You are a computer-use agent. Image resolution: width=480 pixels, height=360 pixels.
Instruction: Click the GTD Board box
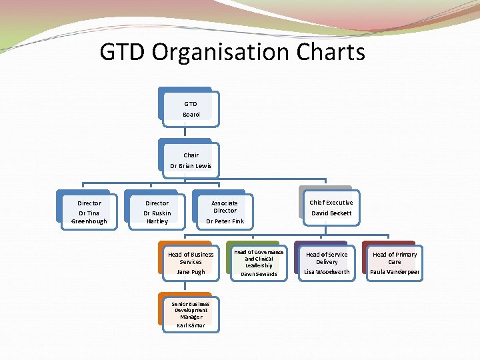[191, 109]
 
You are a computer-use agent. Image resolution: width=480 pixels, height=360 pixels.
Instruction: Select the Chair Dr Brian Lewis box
[191, 160]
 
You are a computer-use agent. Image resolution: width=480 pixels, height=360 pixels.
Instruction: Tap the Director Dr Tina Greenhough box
[89, 211]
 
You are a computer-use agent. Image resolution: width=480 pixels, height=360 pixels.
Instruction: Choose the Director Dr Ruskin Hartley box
[157, 211]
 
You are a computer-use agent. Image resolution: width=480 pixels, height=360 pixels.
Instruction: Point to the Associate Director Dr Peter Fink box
[225, 211]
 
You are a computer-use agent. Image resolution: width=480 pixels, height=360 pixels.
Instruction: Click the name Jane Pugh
[191, 272]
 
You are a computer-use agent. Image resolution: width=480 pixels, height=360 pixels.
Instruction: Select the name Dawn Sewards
[258, 274]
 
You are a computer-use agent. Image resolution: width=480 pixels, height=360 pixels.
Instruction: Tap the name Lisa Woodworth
[327, 272]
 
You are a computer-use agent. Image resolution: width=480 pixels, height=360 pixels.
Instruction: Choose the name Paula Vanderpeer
[395, 272]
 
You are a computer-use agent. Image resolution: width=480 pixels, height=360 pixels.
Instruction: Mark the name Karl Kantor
[191, 325]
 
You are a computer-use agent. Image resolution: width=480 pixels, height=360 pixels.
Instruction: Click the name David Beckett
[331, 213]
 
